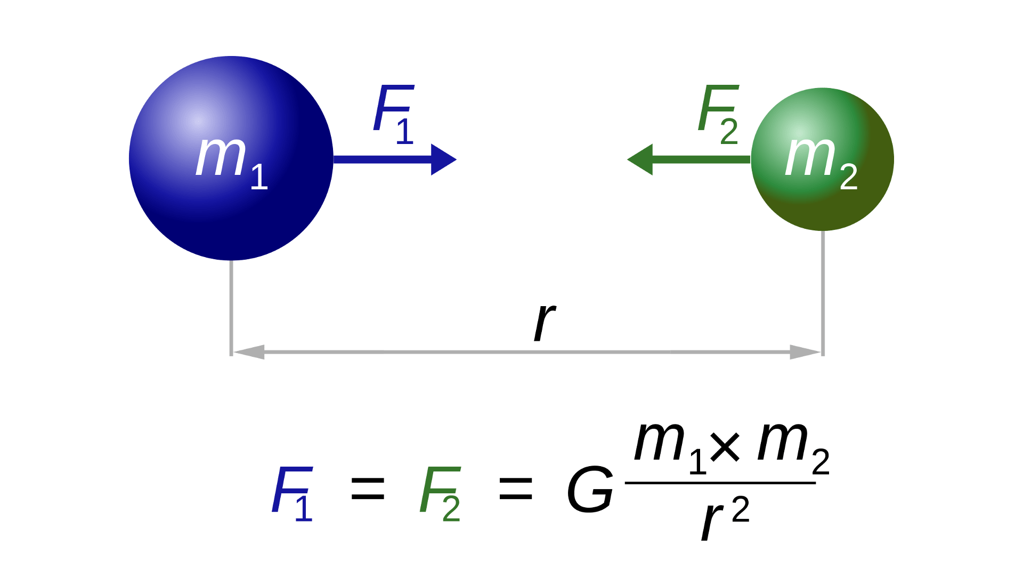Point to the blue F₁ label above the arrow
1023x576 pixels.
(393, 114)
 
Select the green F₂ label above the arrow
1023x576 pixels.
(718, 114)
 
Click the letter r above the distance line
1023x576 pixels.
(545, 322)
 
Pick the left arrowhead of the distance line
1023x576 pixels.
(245, 352)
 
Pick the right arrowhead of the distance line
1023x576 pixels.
(808, 352)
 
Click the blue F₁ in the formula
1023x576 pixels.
(292, 493)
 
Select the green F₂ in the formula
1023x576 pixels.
(440, 493)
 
